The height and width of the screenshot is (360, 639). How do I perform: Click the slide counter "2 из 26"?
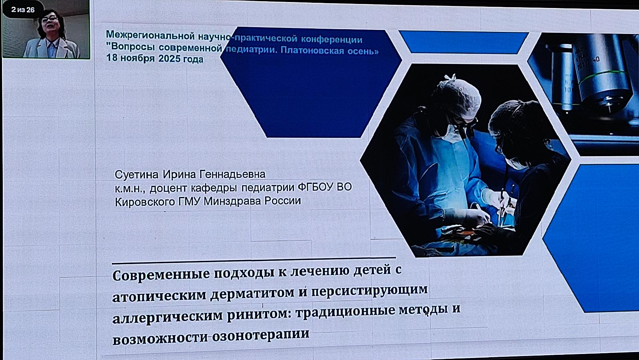23,10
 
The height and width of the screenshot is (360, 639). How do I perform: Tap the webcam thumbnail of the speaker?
46,29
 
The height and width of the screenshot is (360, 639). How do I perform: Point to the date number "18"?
112,58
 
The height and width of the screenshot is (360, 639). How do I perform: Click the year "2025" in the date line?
169,58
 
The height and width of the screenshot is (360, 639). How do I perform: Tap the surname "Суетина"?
136,175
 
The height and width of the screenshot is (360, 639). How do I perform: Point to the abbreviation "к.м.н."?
131,189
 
